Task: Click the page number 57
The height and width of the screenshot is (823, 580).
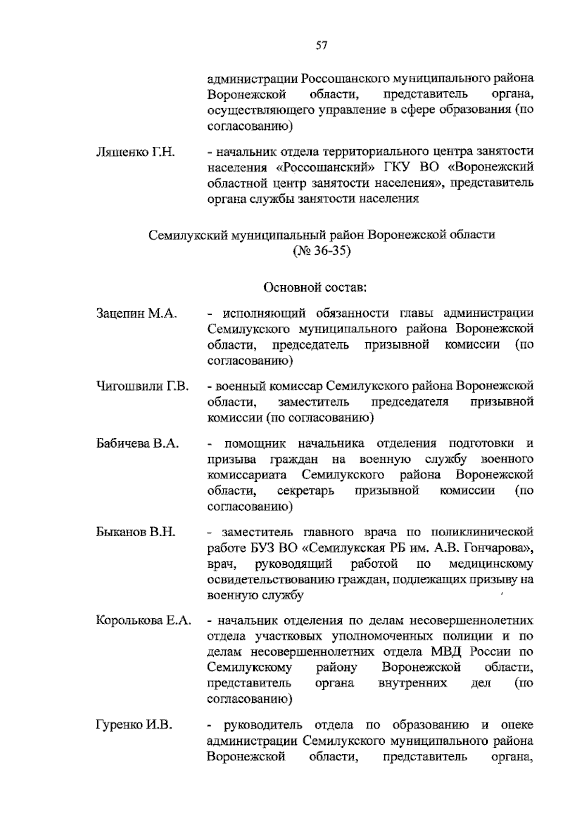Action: click(x=322, y=46)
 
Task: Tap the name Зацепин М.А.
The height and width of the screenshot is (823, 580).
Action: click(x=136, y=314)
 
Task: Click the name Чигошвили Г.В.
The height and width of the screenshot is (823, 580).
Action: click(x=142, y=386)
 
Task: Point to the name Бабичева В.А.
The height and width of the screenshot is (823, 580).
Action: click(x=137, y=444)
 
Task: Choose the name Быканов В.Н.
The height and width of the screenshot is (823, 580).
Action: click(x=135, y=532)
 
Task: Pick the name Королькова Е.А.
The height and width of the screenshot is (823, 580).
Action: click(x=143, y=621)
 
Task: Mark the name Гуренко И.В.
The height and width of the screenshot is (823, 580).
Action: click(x=134, y=725)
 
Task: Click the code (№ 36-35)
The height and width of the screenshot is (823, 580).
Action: click(x=321, y=251)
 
